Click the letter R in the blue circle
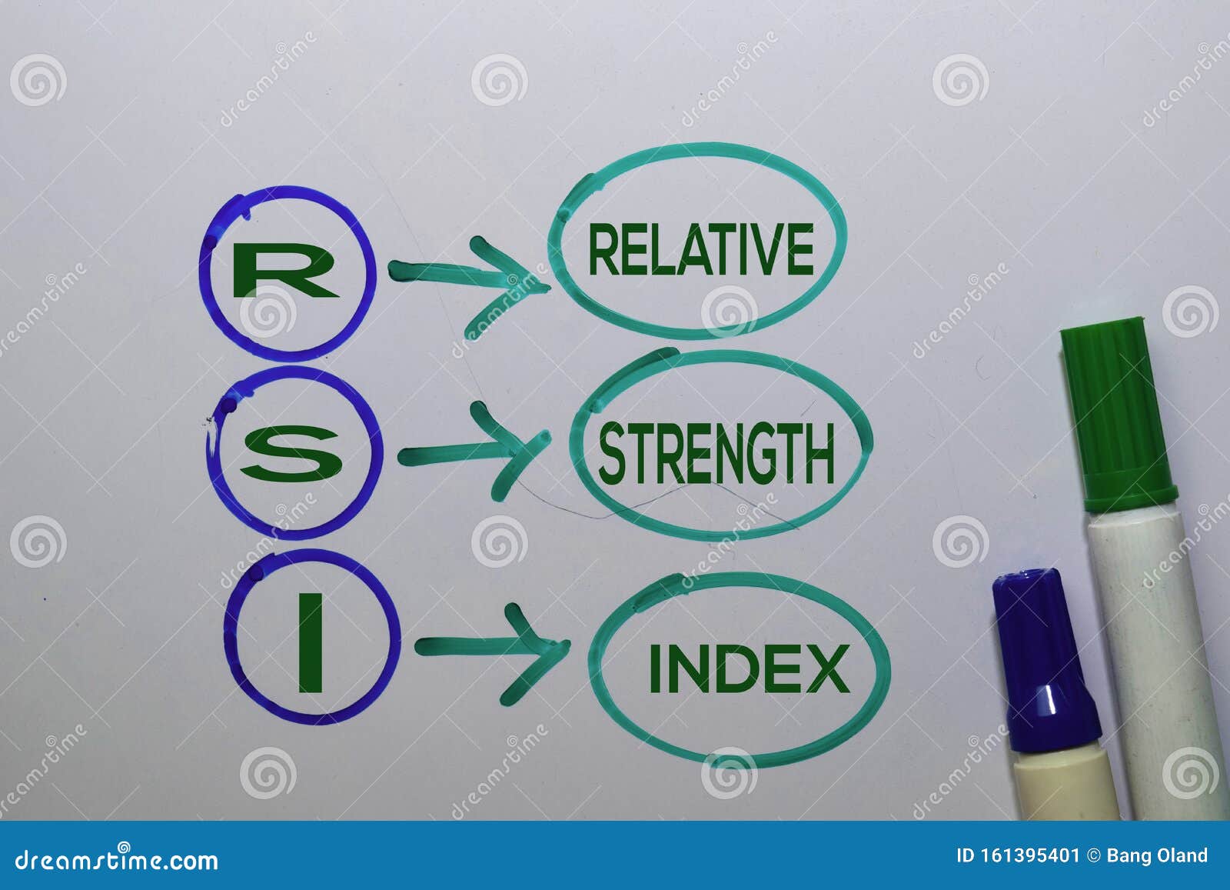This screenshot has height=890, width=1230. pos(284,272)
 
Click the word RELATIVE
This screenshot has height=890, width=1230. pos(700,249)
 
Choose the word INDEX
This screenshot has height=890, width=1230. pos(749,668)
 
